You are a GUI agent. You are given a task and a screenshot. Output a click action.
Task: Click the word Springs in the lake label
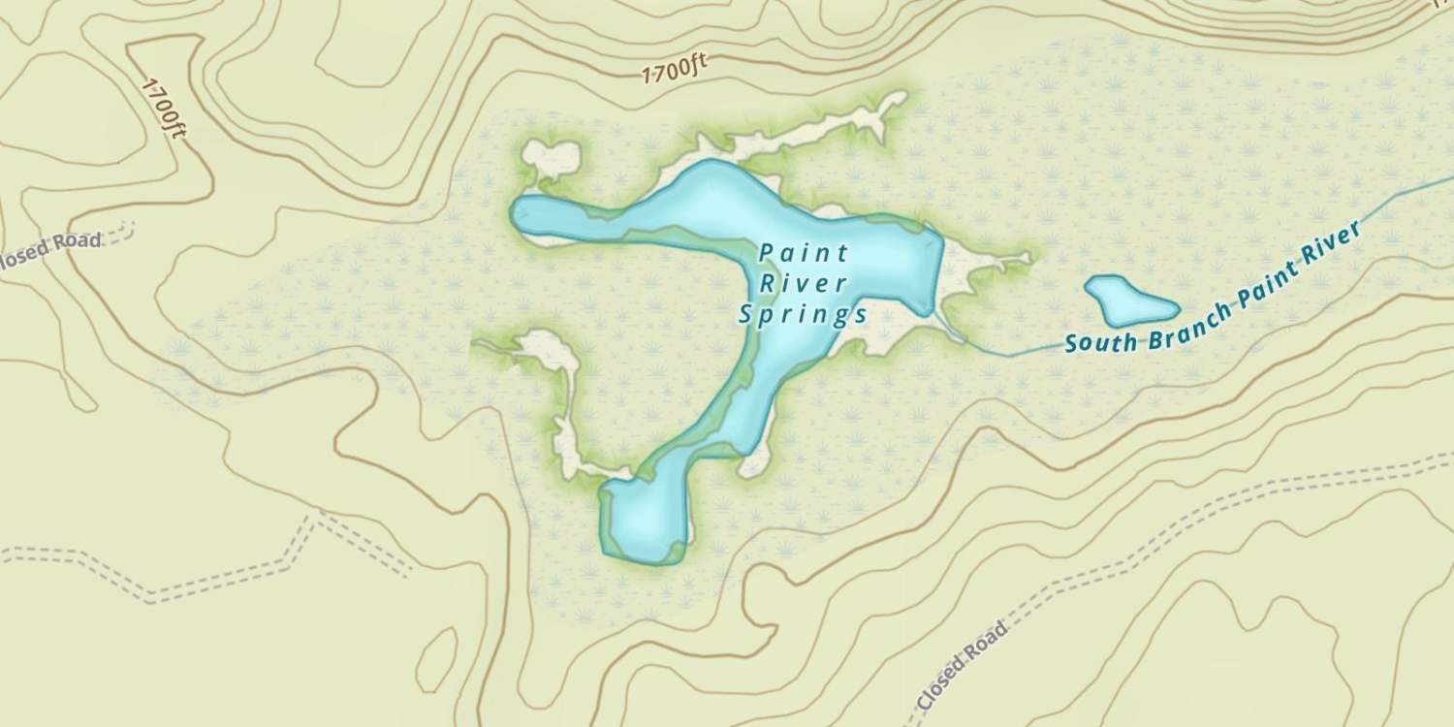803,314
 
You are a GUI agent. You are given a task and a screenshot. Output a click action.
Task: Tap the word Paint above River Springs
804,254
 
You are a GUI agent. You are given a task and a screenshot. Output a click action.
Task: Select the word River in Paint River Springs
804,284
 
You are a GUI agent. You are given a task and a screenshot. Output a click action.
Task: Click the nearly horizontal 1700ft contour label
675,69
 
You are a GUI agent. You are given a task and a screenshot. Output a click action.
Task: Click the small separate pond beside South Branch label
1130,300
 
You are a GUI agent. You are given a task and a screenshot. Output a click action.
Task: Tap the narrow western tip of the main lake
528,213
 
